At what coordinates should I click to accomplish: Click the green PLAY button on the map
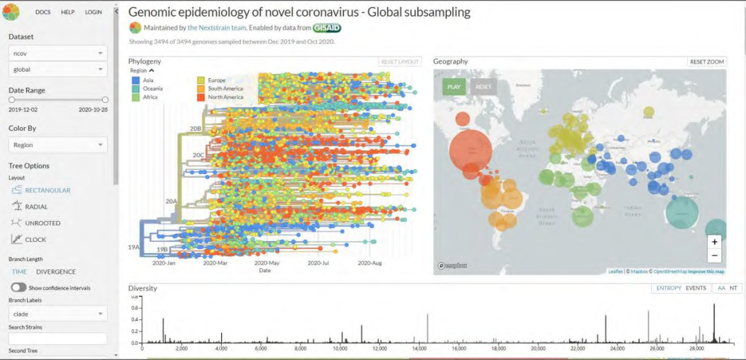454,87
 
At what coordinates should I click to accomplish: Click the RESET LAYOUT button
400,61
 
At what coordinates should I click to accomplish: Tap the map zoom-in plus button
714,242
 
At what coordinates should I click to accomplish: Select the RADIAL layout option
36,207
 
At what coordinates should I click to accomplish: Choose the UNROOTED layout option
41,223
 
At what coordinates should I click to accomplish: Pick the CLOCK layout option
35,240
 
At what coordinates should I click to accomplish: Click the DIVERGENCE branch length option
56,272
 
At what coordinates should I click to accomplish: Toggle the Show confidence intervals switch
19,287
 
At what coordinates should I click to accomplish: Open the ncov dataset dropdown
57,53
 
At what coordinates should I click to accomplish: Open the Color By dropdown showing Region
57,145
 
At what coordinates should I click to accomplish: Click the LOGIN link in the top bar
93,12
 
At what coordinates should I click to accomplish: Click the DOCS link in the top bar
43,12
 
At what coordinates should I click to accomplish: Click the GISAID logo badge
327,28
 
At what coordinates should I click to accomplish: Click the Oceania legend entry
152,88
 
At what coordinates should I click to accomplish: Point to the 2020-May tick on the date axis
267,263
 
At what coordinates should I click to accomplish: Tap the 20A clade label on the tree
171,201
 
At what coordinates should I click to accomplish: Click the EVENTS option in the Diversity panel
696,288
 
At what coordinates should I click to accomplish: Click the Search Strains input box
57,339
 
